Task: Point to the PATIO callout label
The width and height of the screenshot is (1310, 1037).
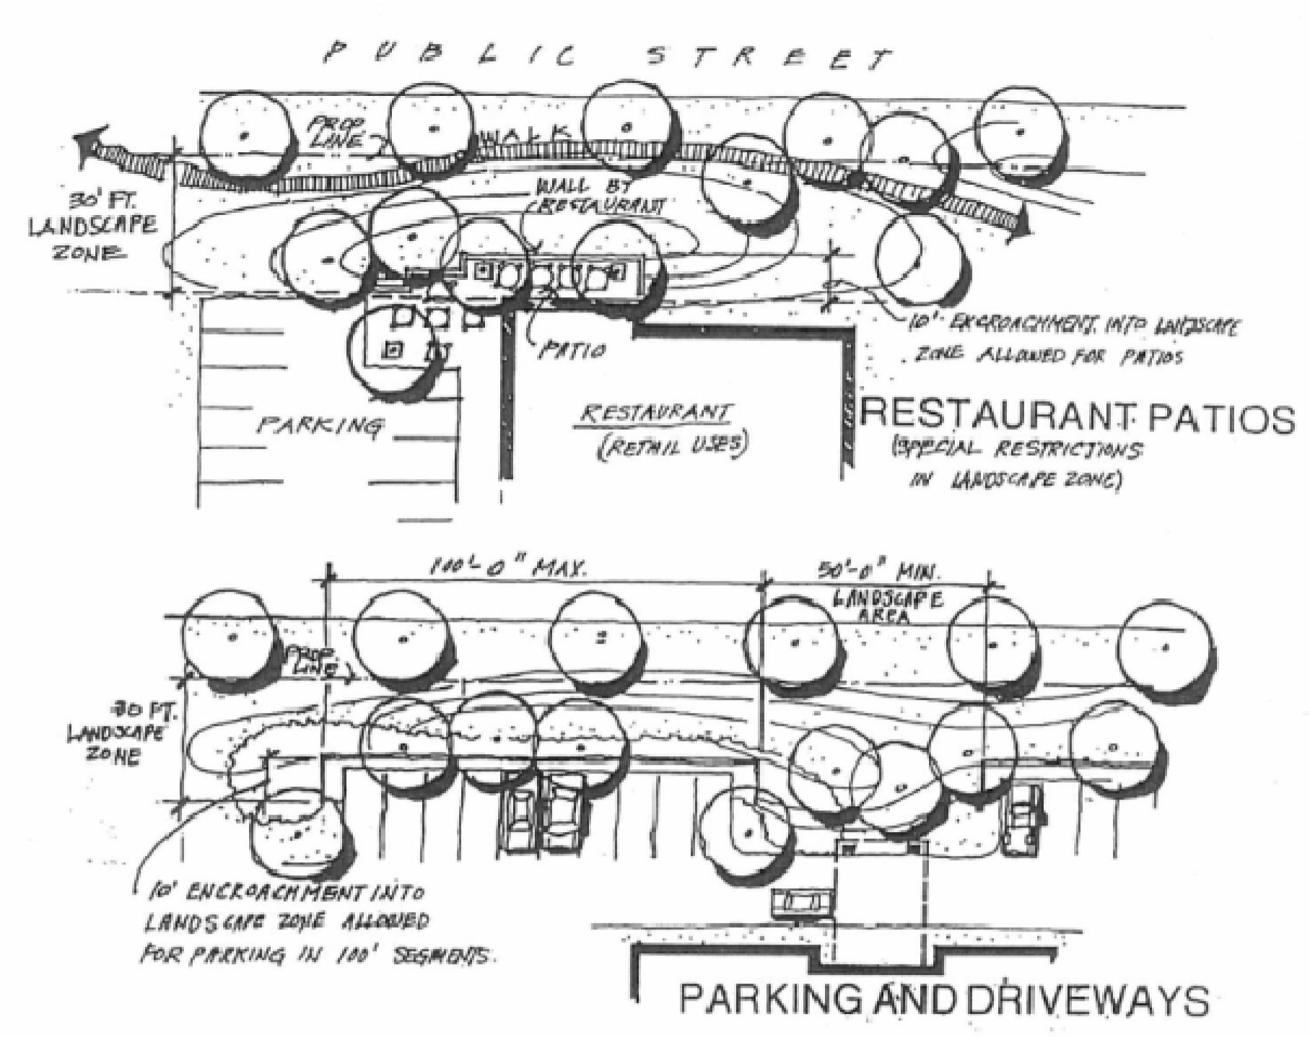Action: [x=570, y=351]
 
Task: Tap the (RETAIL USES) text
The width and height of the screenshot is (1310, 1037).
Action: [x=671, y=447]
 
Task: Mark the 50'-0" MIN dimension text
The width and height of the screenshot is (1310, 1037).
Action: [x=876, y=573]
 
